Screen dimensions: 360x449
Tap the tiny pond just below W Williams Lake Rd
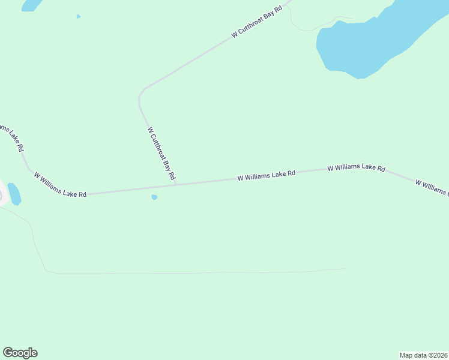coord(154,197)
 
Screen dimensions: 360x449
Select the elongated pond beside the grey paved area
coord(14,194)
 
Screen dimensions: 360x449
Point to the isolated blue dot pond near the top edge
coord(78,16)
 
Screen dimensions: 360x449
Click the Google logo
coord(20,353)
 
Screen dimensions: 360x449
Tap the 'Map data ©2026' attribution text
coord(423,355)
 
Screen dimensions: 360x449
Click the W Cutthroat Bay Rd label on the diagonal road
coord(257,23)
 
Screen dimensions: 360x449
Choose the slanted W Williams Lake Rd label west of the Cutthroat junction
coord(60,185)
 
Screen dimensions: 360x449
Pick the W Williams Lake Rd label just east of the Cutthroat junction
coord(267,175)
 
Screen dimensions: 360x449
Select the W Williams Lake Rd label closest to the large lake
coord(356,169)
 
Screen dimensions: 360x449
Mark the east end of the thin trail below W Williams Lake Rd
coord(343,268)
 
